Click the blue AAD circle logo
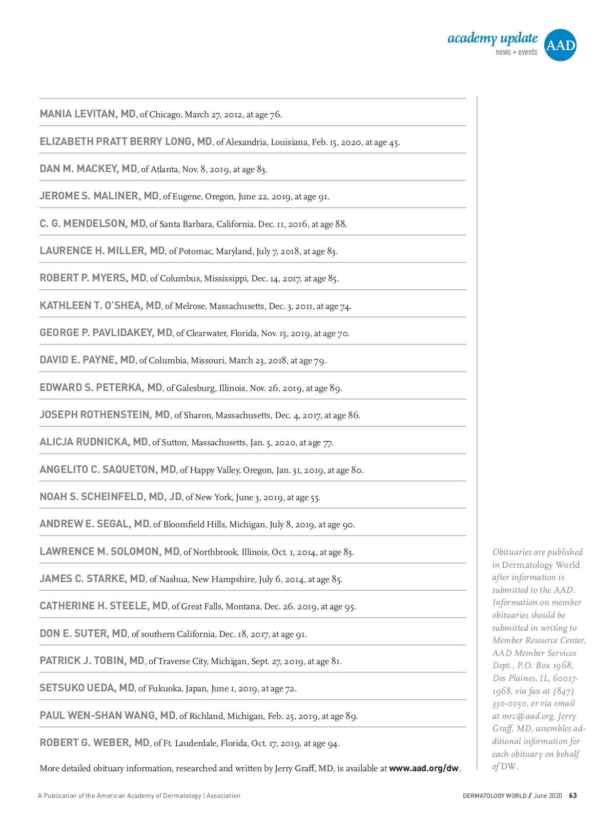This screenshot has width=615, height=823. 560,45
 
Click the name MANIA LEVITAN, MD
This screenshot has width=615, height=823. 88,114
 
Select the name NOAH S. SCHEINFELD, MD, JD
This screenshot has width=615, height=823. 111,497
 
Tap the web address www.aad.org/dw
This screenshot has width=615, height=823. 424,768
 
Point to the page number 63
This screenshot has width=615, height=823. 573,796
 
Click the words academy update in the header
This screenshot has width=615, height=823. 493,38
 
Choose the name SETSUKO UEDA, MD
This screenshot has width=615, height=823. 87,688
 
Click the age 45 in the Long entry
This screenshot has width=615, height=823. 394,142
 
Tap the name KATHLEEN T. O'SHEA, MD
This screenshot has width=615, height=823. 100,305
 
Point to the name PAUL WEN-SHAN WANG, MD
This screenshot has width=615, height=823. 108,715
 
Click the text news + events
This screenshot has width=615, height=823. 516,52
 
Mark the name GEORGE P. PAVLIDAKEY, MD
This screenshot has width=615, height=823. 106,333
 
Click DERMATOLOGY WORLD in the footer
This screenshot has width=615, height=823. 495,796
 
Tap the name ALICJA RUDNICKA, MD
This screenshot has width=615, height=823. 94,442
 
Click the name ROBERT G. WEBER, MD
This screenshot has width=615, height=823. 95,743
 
